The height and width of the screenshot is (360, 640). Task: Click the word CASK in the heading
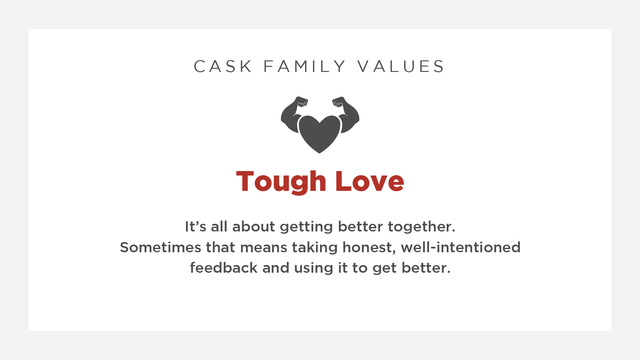223,67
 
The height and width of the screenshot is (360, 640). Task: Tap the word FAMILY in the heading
304,67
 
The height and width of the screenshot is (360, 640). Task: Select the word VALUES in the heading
401,67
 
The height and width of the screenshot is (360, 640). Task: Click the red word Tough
281,182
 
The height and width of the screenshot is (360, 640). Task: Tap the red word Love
370,181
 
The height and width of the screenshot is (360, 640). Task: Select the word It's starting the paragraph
195,227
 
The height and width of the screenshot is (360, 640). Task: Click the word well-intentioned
461,247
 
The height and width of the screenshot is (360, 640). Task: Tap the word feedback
224,268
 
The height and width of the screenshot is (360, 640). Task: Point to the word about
253,227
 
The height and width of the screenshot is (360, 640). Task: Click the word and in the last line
276,268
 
